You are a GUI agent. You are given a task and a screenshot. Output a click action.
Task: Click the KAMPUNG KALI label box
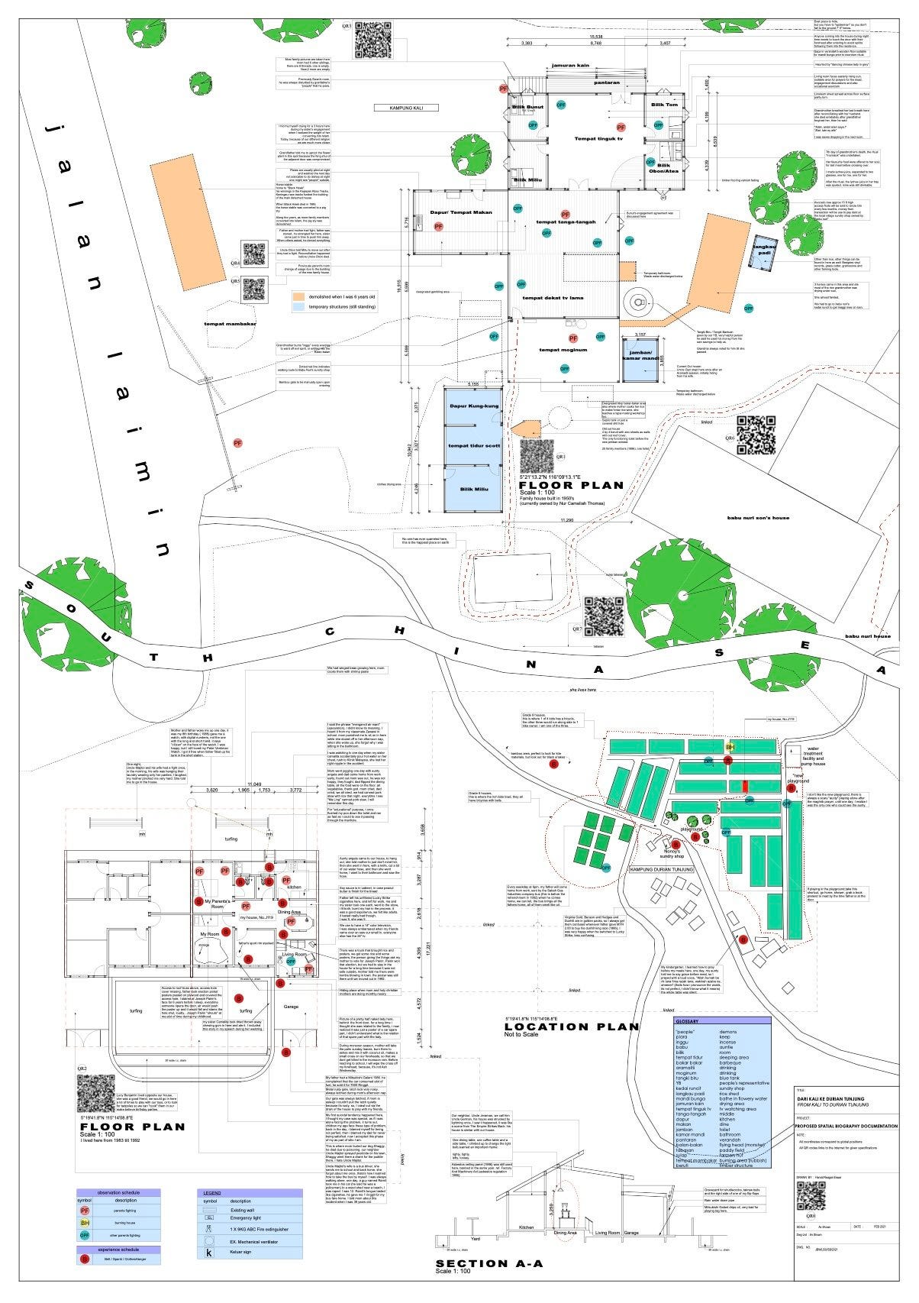[406, 108]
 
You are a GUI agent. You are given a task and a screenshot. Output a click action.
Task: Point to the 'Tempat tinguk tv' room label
[598, 139]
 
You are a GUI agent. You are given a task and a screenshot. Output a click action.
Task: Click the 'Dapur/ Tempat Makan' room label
[460, 212]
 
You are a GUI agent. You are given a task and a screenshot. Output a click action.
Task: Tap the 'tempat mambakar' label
[231, 324]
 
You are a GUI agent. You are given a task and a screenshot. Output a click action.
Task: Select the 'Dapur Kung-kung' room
[473, 406]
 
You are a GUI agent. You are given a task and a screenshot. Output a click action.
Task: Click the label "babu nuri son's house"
[758, 518]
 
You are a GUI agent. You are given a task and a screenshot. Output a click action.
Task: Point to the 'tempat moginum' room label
[563, 350]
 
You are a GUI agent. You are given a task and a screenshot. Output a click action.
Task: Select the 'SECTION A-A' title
[489, 1264]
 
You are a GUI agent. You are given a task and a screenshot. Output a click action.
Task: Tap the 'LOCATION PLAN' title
[571, 1027]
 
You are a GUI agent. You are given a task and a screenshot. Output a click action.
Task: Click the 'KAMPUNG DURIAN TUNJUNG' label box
[660, 869]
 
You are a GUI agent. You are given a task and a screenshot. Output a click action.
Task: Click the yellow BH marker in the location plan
[729, 746]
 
